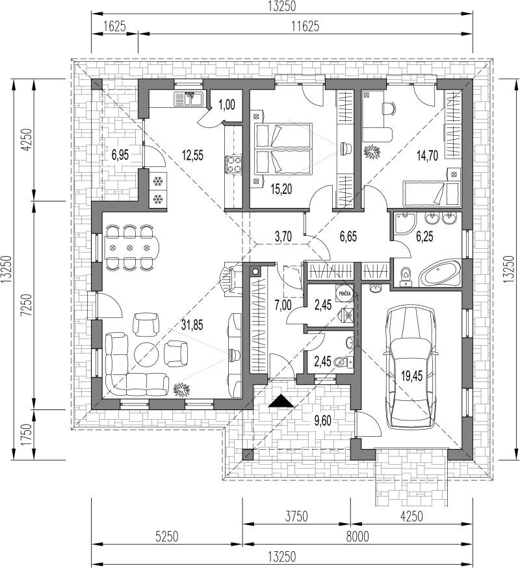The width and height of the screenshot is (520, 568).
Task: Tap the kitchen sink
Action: (190, 99)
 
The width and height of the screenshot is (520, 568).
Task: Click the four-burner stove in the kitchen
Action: (233, 164)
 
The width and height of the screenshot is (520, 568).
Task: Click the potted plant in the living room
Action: (181, 388)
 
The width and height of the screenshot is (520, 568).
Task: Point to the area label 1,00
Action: (227, 105)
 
